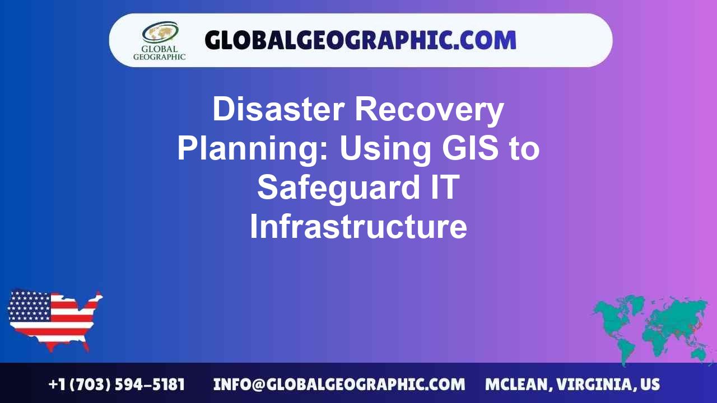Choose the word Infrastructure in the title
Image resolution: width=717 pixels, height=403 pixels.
pyautogui.click(x=358, y=227)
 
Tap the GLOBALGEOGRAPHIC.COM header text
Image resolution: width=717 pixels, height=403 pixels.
pyautogui.click(x=360, y=40)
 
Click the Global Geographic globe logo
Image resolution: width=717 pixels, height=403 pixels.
pyautogui.click(x=160, y=32)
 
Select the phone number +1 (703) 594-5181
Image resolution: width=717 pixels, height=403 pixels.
pyautogui.click(x=117, y=385)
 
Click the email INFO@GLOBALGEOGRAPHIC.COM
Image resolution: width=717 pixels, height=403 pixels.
pyautogui.click(x=339, y=385)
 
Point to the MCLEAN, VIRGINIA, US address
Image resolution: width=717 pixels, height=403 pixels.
pyautogui.click(x=572, y=385)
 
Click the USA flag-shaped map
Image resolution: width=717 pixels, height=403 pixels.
pyautogui.click(x=54, y=319)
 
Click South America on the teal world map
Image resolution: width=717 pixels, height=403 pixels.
pyautogui.click(x=626, y=347)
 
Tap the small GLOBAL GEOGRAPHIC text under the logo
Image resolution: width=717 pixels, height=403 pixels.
pyautogui.click(x=159, y=53)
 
